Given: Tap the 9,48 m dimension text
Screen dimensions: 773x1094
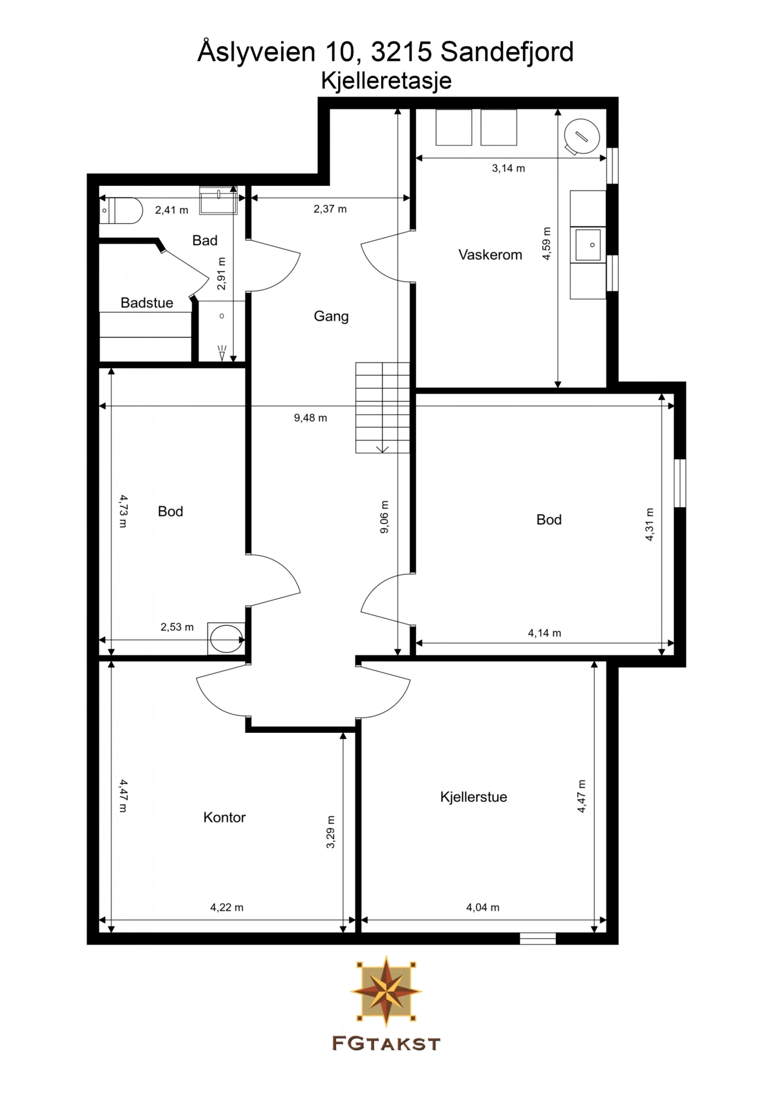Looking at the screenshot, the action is click(310, 418).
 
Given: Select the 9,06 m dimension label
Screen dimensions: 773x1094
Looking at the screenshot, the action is click(384, 517).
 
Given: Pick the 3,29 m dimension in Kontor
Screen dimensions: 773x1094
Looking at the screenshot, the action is click(331, 832).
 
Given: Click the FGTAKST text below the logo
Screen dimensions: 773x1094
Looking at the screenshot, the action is click(386, 1044).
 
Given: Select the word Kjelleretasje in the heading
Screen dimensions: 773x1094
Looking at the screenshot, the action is click(386, 81).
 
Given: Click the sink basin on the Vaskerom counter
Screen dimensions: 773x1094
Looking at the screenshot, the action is click(588, 244).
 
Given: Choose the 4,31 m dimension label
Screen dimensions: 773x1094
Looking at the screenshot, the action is click(650, 524).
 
